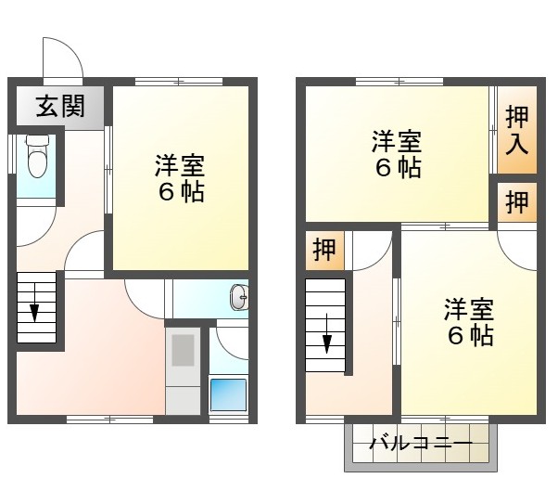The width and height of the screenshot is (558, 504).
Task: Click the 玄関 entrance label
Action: coord(60,107)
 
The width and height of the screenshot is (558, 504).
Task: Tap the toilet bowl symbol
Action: coord(37,158)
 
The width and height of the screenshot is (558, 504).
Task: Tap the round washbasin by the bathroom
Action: coord(238,298)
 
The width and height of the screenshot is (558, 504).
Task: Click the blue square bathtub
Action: coord(227,395)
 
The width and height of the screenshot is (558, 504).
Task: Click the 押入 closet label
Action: coord(518,130)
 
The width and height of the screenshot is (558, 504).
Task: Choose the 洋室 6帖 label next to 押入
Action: coord(397,155)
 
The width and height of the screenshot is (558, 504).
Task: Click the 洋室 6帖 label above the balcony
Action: coord(469,321)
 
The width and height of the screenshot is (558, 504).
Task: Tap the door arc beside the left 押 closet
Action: coord(371,249)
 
